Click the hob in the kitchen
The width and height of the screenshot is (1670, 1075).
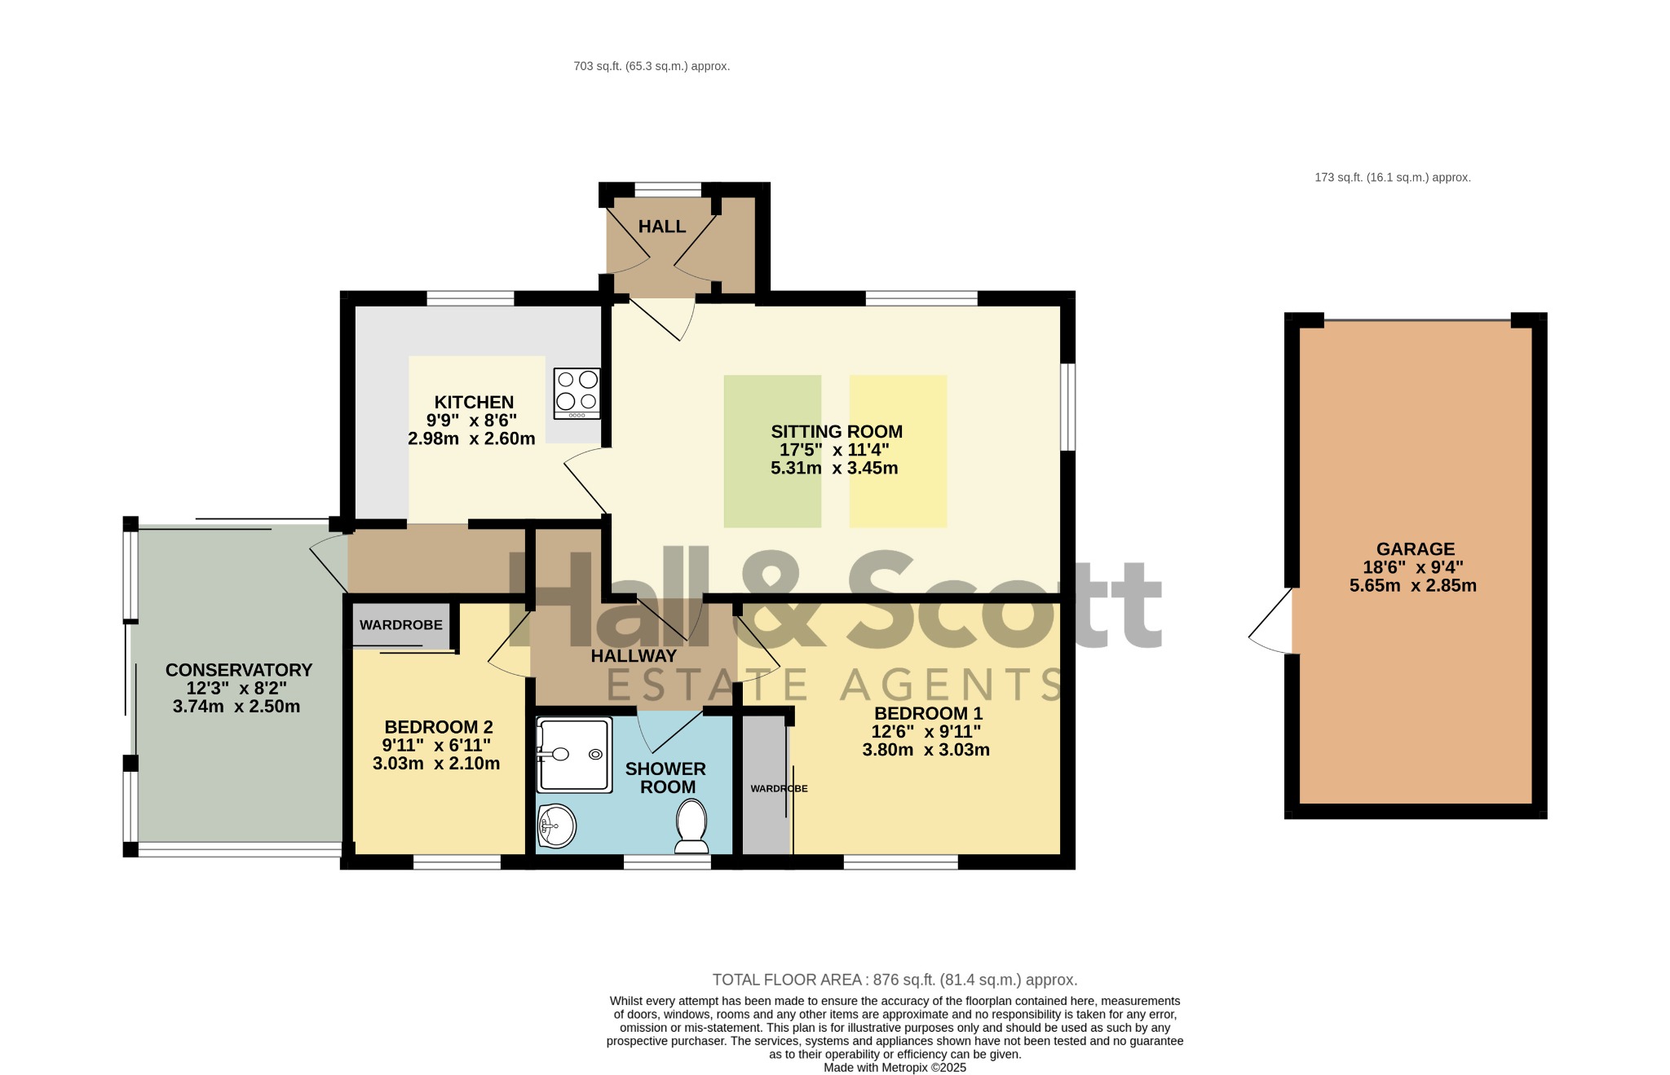click(x=577, y=394)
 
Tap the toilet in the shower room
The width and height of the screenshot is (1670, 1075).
click(x=691, y=826)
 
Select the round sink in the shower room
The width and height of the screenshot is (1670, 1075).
click(x=557, y=826)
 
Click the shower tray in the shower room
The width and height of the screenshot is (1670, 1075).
click(x=574, y=755)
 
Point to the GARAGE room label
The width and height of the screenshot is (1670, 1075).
click(x=1416, y=549)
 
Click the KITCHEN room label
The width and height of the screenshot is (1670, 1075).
click(x=474, y=402)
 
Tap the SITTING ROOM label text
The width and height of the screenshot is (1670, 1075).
click(x=837, y=432)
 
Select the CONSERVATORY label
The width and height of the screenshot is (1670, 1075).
click(x=239, y=670)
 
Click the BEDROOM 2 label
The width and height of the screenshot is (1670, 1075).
click(x=439, y=727)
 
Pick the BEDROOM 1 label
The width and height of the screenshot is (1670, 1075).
click(x=928, y=714)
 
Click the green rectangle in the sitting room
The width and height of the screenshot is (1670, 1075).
click(x=772, y=452)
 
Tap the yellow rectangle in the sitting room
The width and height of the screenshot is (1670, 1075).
click(x=899, y=452)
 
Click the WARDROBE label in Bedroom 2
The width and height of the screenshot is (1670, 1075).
click(x=401, y=625)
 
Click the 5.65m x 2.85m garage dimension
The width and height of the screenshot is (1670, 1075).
click(x=1413, y=585)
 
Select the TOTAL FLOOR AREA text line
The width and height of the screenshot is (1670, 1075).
click(x=895, y=980)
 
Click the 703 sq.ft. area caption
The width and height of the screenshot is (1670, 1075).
click(x=652, y=66)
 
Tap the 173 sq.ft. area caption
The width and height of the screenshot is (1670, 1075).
click(x=1393, y=177)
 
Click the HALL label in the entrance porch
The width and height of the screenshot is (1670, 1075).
click(x=662, y=227)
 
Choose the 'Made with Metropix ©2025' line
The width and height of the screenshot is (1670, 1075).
click(x=895, y=1068)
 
